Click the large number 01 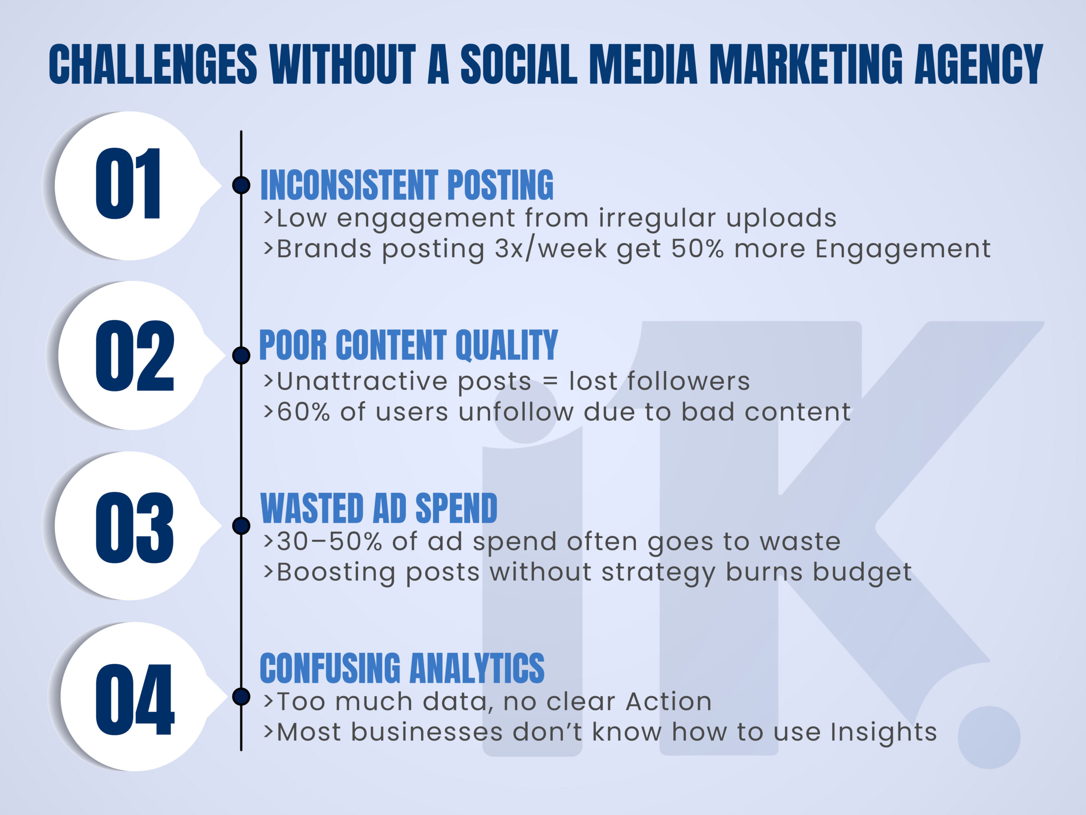(128, 183)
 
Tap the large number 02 (134, 356)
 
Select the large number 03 (134, 528)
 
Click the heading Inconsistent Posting (406, 185)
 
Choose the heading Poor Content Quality (409, 346)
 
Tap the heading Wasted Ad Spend (378, 509)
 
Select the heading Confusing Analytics (402, 668)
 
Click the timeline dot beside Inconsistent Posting (241, 185)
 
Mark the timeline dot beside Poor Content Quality (241, 355)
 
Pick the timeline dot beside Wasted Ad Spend (241, 526)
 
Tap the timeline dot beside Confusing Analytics (241, 697)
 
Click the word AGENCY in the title (979, 64)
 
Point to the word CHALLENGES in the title (153, 64)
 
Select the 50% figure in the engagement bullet (697, 249)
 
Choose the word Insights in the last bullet (884, 733)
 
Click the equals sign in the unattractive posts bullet (550, 381)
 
